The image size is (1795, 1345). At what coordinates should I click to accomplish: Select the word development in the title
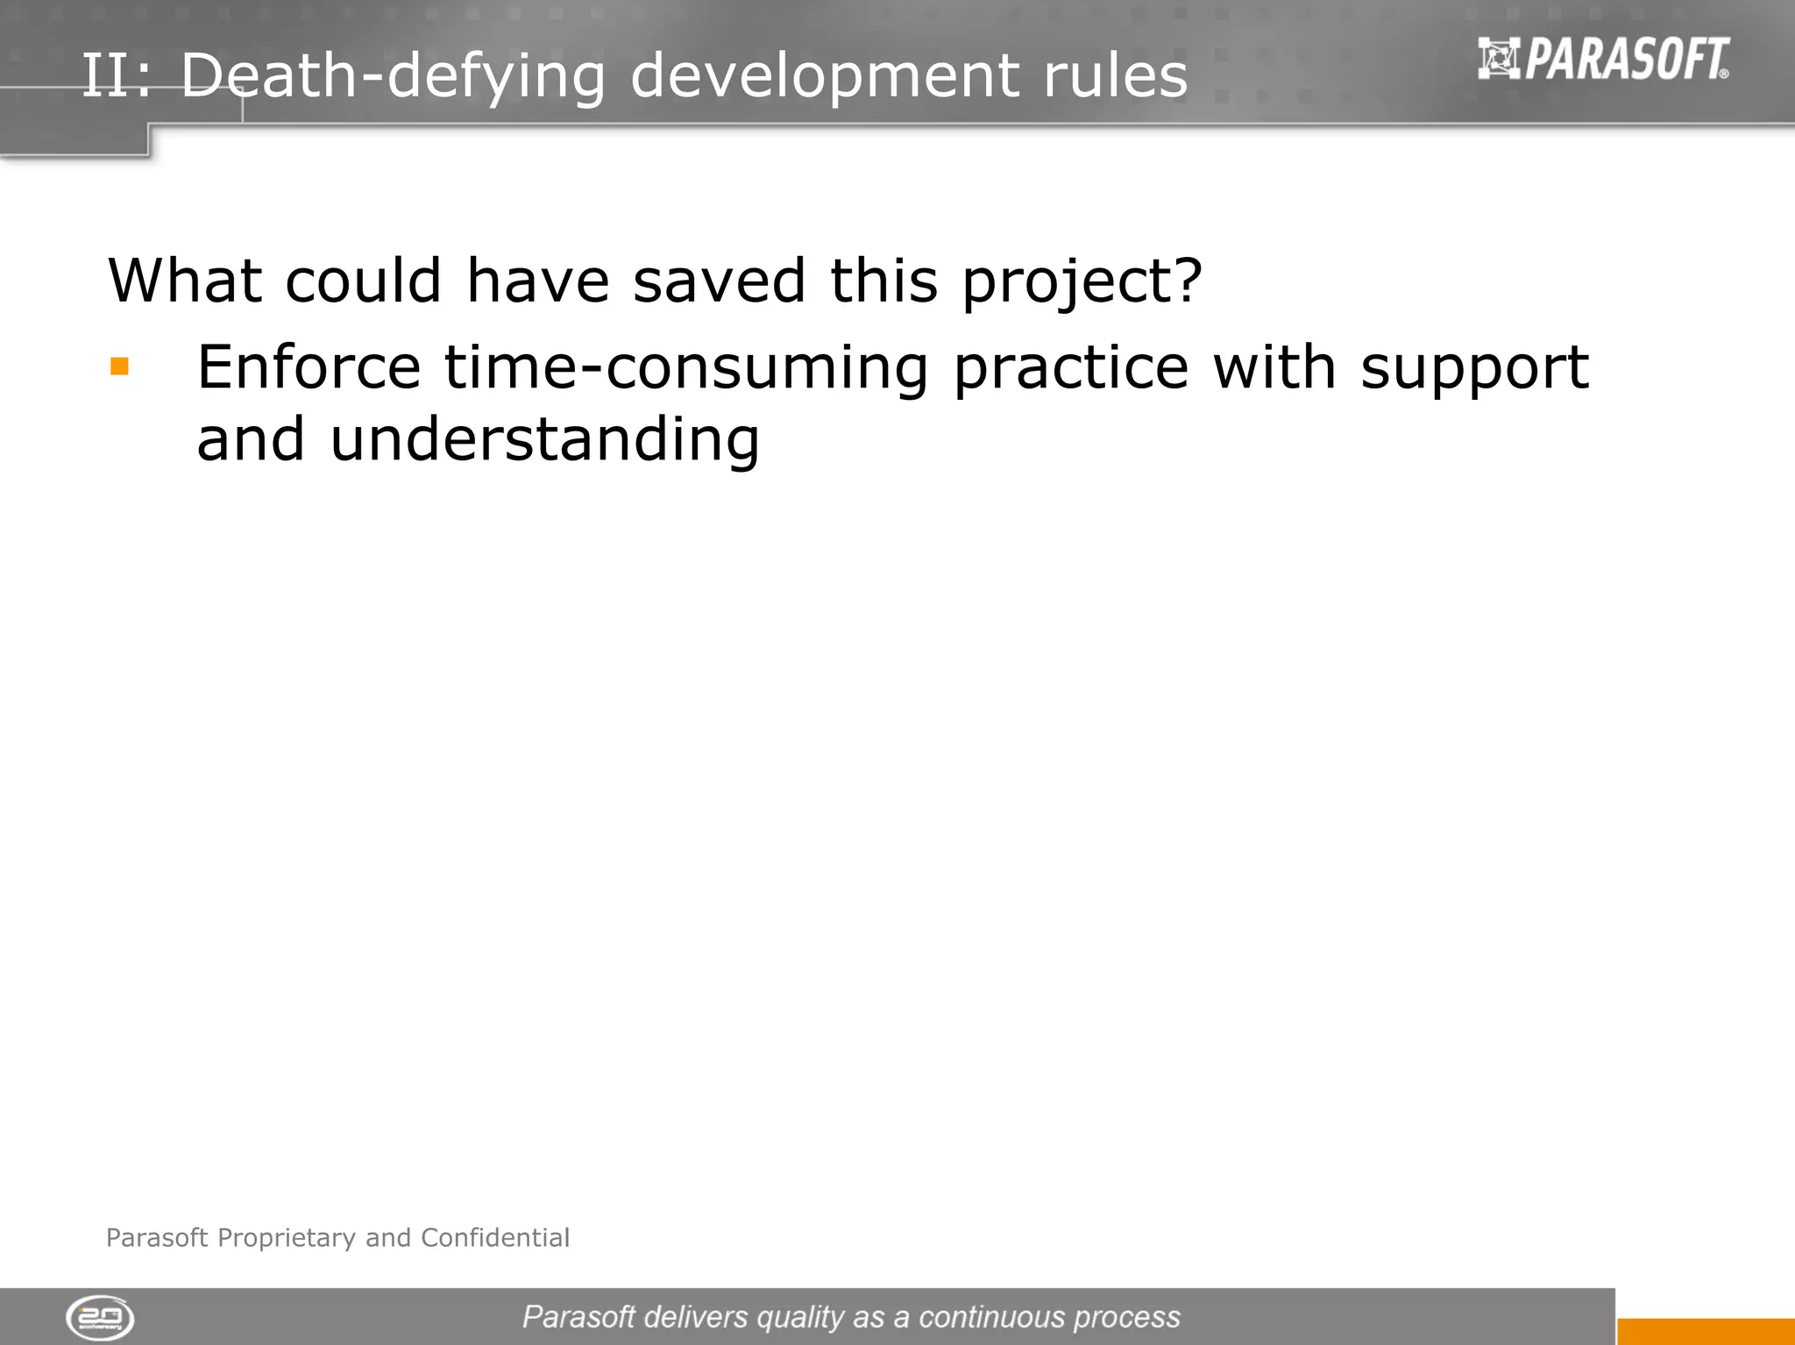[824, 75]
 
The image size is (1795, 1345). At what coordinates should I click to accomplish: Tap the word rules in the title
[1115, 75]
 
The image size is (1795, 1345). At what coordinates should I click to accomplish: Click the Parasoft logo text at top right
[1627, 59]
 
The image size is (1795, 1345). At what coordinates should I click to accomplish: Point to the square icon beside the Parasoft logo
[1499, 59]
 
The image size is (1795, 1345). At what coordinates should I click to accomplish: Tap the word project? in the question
[1082, 282]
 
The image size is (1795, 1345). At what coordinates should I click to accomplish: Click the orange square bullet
[120, 366]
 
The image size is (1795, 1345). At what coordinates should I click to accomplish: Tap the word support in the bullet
[1474, 368]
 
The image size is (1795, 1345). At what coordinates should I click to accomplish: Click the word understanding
[544, 440]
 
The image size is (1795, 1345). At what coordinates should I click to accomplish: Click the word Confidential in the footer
[495, 1237]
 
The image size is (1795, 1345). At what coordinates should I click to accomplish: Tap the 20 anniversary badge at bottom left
[100, 1318]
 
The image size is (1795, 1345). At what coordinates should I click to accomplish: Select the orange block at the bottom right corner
[1705, 1331]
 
